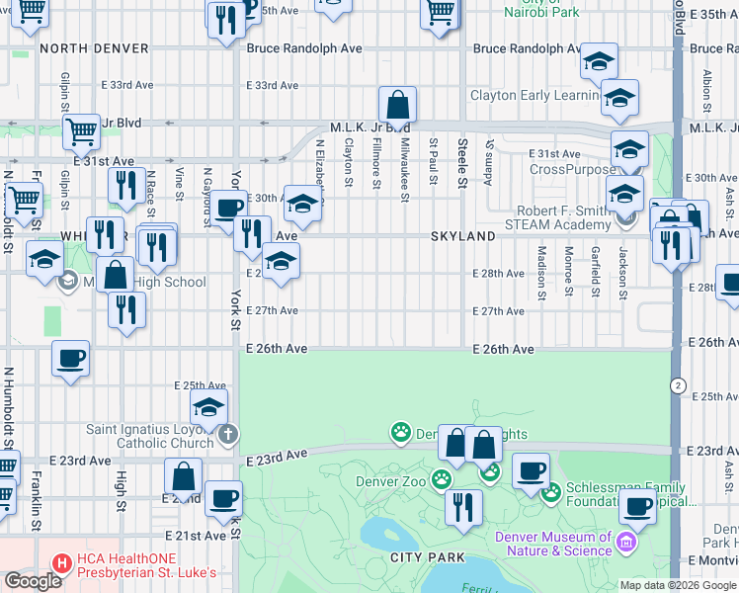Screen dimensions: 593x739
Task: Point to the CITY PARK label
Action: [x=427, y=557]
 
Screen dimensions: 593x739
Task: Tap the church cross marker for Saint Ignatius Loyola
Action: [x=228, y=433]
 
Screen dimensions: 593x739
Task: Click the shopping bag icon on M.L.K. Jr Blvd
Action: [x=397, y=105]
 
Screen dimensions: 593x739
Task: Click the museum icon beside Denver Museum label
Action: [x=624, y=542]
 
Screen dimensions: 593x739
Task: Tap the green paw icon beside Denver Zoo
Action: [x=441, y=479]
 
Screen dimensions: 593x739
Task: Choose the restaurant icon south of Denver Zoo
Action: [x=462, y=506]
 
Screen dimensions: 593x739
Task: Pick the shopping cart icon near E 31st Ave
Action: [x=81, y=130]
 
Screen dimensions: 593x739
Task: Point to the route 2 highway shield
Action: [x=678, y=383]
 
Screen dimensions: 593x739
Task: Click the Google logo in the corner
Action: [x=34, y=581]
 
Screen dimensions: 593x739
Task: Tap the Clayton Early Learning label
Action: [x=534, y=96]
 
